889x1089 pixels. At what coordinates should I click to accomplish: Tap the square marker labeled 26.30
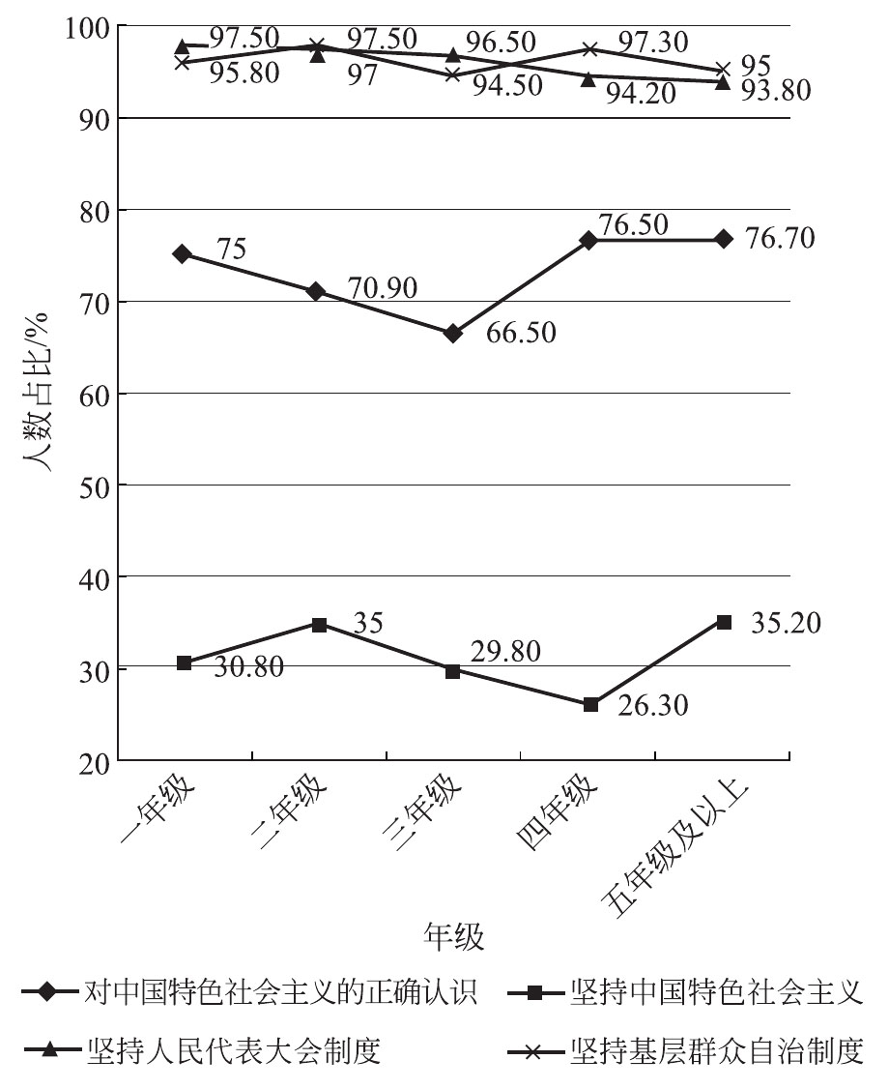tap(590, 704)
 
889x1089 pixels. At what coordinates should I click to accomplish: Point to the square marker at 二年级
tap(318, 624)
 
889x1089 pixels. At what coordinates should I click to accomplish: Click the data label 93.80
tap(776, 90)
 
